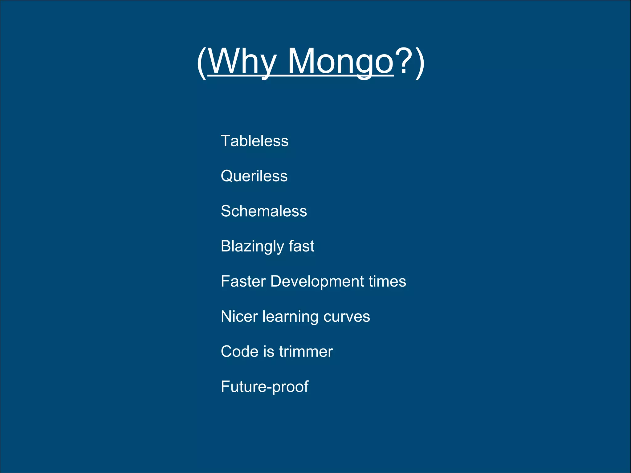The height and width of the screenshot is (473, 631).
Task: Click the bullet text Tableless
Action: pos(254,141)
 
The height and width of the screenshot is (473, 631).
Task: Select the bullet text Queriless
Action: pos(254,176)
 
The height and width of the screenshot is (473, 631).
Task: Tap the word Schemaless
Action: pos(264,211)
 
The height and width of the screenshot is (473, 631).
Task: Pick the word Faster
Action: pos(243,281)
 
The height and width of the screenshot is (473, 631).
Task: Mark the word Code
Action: pos(239,352)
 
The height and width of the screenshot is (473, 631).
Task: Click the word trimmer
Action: pos(306,352)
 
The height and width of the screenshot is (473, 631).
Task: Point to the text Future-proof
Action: pos(264,387)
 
